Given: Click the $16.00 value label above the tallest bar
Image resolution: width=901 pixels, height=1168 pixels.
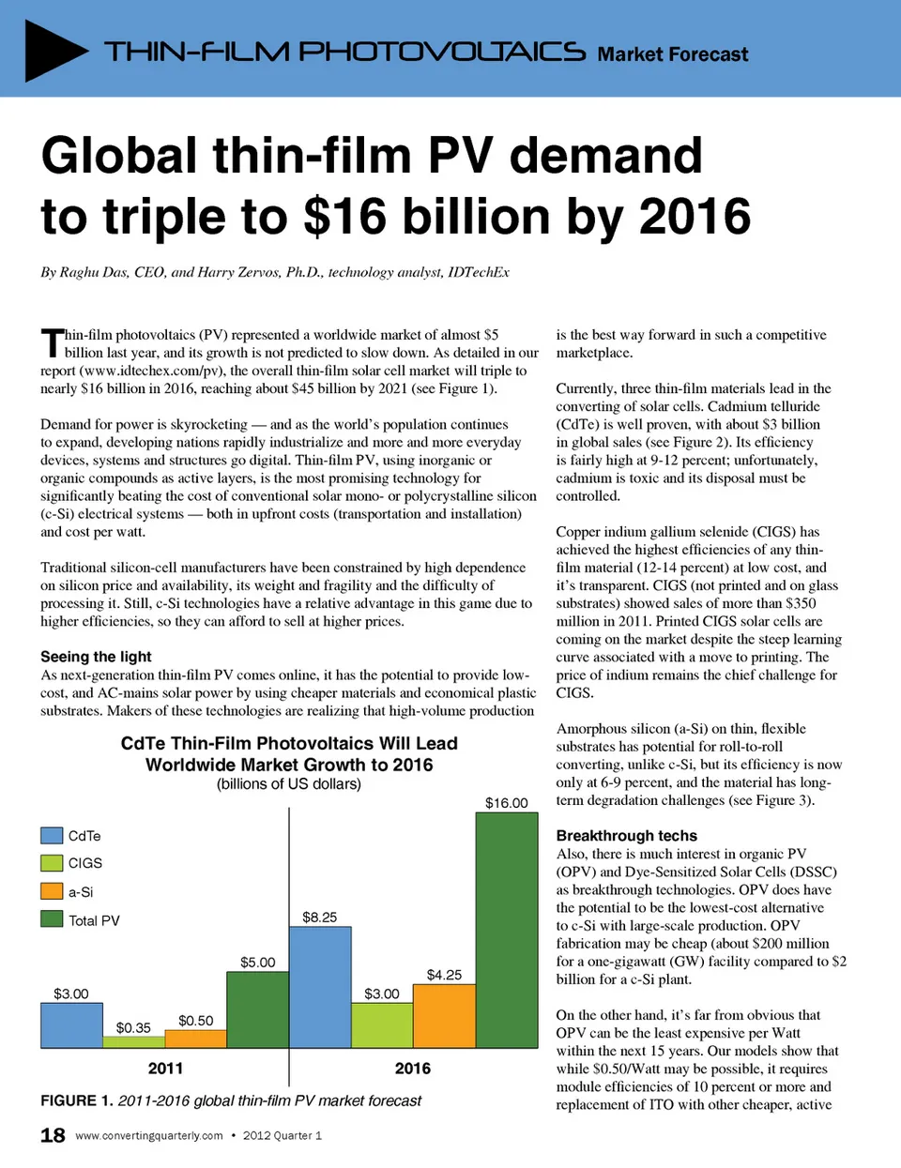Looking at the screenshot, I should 506,803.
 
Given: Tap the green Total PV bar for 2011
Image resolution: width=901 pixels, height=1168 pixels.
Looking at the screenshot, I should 257,1009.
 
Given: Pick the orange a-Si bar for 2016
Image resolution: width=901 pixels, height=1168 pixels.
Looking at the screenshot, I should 444,1016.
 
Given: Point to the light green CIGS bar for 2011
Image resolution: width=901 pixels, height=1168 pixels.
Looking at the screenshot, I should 133,1041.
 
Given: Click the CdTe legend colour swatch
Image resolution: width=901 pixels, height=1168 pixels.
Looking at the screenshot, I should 52,836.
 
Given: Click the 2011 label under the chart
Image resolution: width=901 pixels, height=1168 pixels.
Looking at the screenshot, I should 165,1069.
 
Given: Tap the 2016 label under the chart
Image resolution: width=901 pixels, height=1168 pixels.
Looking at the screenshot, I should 413,1069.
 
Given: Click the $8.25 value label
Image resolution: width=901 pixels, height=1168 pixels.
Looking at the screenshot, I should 319,917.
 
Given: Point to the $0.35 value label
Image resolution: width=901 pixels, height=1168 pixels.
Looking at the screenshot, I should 133,1027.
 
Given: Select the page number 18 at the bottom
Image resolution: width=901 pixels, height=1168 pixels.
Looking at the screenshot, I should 53,1135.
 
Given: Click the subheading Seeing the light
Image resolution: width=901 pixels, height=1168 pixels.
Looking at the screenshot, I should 96,657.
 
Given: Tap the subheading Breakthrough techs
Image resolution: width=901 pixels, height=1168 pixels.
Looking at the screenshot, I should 626,836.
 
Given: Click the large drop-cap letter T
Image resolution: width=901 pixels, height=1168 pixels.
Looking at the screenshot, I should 52,343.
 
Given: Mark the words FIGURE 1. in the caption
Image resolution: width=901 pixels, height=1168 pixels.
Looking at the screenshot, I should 77,1100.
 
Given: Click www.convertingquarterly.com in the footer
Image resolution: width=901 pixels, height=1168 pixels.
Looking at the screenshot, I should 149,1135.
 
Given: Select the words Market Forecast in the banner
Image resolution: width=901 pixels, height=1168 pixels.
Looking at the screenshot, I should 672,54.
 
